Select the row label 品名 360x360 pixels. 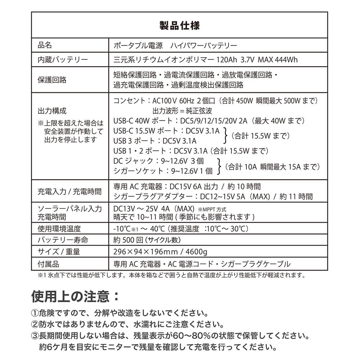click(x=45, y=46)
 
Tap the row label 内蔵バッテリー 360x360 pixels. click(x=62, y=60)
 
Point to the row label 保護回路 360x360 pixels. click(x=52, y=80)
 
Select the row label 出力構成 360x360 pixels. click(x=52, y=111)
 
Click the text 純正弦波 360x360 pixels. click(x=199, y=111)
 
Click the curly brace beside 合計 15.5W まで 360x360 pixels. click(x=226, y=136)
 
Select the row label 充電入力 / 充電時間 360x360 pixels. click(x=69, y=192)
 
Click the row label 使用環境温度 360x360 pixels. click(x=59, y=229)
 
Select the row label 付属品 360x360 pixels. click(x=48, y=264)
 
